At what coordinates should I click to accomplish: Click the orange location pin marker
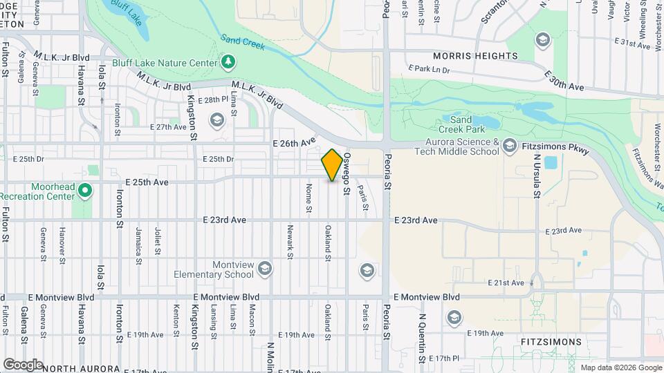[x=332, y=165]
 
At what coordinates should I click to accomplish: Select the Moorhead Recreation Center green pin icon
[x=85, y=189]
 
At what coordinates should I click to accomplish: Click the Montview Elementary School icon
[x=264, y=268]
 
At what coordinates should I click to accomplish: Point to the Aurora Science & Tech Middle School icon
[x=510, y=145]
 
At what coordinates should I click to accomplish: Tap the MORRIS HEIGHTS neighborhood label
[x=475, y=56]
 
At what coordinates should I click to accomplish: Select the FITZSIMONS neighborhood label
[x=551, y=342]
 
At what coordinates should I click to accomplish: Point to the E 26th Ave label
[x=293, y=143]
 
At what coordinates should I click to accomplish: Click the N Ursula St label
[x=536, y=175]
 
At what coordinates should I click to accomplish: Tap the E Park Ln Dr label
[x=429, y=70]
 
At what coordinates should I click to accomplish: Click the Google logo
[x=23, y=364]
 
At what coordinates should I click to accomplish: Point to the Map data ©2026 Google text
[x=620, y=367]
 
